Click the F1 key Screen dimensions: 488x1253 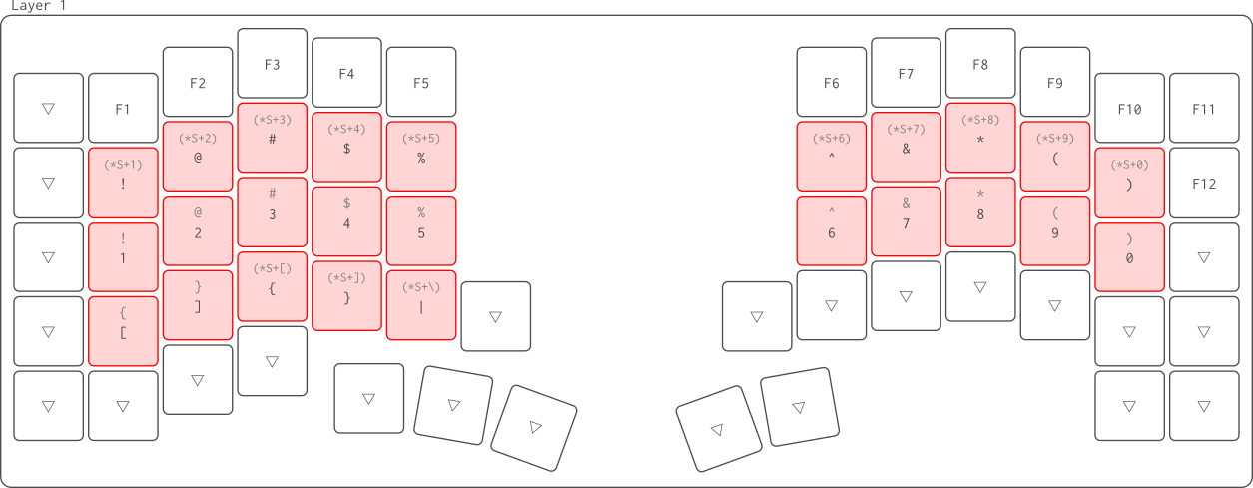point(123,108)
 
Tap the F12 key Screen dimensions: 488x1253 point(1204,183)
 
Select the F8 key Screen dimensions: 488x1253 point(980,64)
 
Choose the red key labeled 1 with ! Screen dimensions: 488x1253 point(123,256)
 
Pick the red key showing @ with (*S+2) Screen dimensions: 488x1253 point(198,156)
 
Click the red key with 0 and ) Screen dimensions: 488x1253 point(1129,256)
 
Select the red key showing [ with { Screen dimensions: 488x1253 point(123,330)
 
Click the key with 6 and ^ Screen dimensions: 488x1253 point(831,231)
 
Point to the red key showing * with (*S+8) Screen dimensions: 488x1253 point(980,138)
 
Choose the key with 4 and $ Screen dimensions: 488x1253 point(346,221)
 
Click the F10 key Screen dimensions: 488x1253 point(1129,108)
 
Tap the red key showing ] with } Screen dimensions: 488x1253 point(198,304)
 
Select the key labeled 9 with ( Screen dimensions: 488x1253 point(1055,231)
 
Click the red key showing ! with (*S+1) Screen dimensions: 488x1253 point(123,182)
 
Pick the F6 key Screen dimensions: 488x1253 point(831,82)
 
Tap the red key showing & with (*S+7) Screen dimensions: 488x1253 point(906,147)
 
